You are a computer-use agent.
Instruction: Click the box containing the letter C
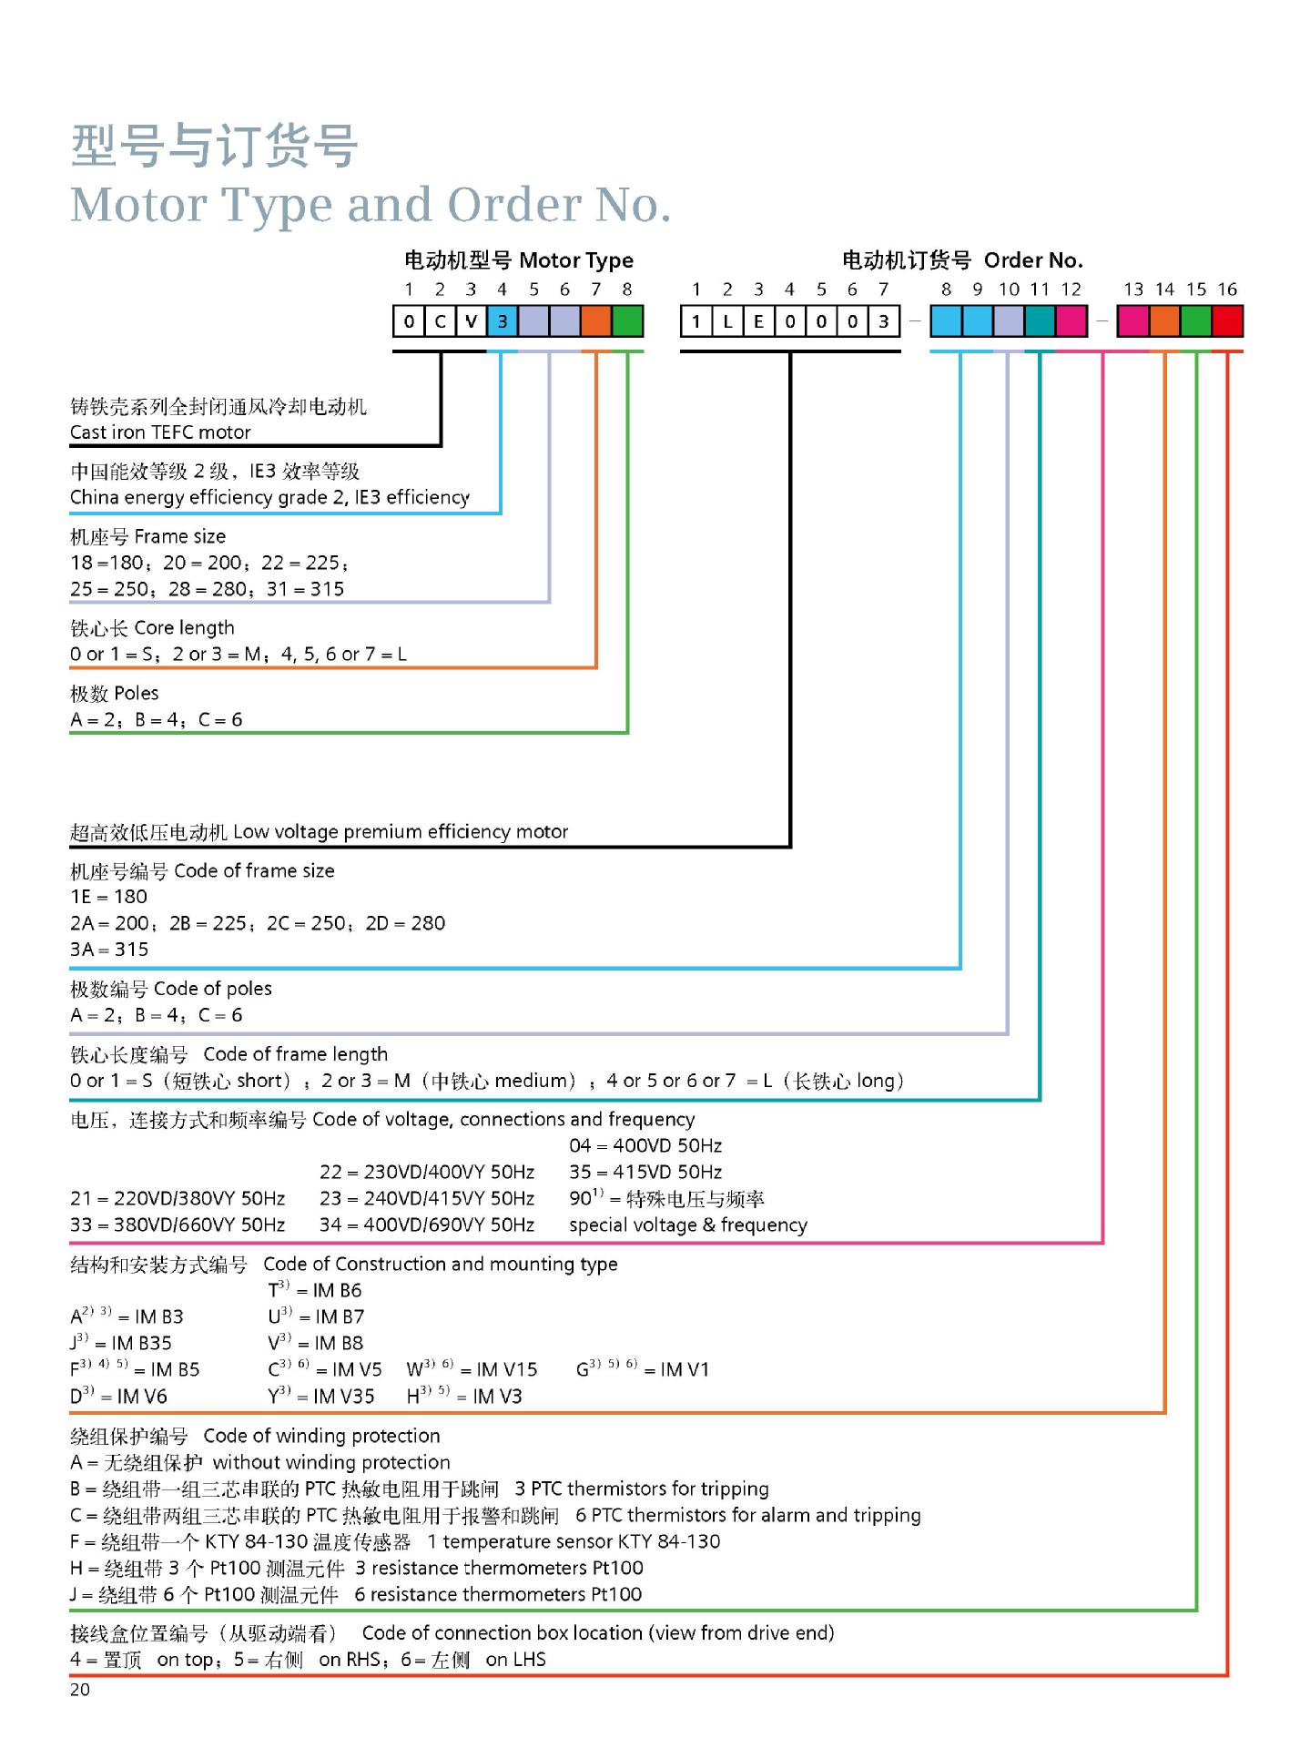441,320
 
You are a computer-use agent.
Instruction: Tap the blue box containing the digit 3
503,320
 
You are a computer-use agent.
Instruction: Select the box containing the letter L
727,320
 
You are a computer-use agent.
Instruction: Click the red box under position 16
1227,320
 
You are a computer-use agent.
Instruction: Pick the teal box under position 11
1040,320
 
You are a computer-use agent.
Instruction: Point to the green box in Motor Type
627,320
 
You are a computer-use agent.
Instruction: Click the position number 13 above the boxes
1133,290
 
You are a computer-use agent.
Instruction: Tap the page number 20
80,1690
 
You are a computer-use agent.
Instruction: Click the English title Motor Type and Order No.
371,206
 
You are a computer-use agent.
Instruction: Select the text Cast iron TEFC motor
160,432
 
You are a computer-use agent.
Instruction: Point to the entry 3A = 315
109,950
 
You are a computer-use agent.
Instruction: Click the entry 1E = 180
108,897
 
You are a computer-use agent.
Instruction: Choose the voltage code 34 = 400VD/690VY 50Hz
427,1225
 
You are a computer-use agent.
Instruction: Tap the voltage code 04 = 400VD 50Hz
645,1146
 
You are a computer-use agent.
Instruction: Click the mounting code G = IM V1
643,1368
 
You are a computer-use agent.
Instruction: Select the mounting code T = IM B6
315,1290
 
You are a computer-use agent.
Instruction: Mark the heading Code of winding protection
321,1437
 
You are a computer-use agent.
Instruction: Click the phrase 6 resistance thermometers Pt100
498,1595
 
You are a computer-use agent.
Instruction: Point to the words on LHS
516,1660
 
